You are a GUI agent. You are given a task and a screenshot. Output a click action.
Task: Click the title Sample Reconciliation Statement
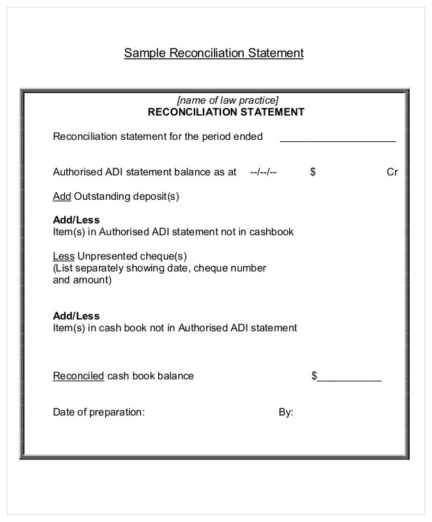tap(214, 53)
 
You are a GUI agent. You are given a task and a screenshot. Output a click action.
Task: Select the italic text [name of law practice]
tap(227, 100)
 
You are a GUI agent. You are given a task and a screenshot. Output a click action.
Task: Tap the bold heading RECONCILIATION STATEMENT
tap(226, 112)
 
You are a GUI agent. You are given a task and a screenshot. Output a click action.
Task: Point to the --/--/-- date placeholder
tap(263, 172)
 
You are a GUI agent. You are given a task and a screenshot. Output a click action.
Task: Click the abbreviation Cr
tap(392, 172)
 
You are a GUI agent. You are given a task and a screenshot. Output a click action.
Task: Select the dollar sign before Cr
tap(313, 172)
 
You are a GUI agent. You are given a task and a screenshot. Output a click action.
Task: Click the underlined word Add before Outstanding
tap(62, 196)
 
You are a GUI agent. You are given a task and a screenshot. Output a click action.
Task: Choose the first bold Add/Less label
tap(77, 220)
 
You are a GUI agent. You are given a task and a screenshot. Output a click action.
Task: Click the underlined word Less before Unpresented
tap(63, 256)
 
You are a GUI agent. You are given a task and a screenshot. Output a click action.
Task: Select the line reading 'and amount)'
tap(82, 280)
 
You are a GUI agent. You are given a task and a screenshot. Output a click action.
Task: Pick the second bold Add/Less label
tap(77, 316)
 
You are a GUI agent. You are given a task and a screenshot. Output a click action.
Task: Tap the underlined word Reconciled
tap(79, 376)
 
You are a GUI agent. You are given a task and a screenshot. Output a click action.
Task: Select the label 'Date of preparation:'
tap(99, 412)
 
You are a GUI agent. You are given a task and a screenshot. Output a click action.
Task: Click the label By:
tap(286, 412)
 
